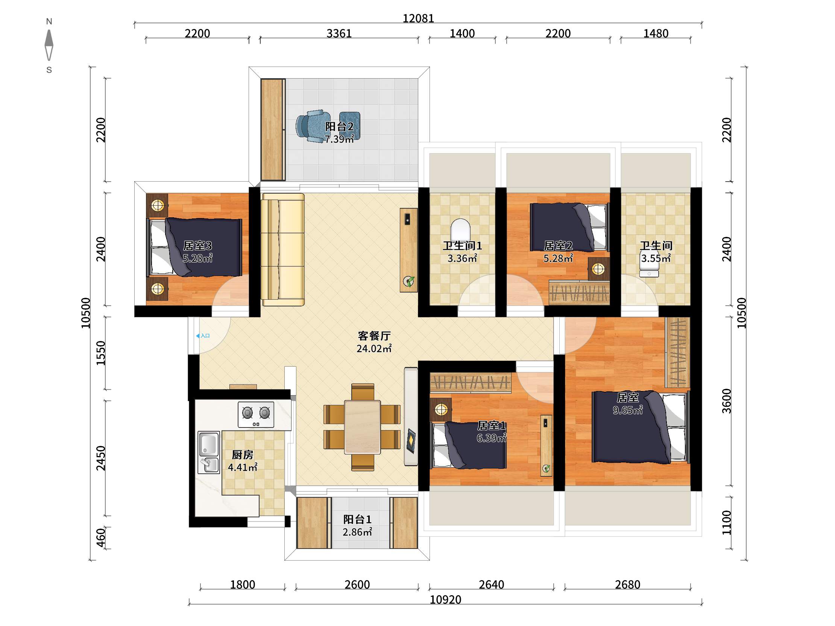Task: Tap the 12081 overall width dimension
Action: pos(418,18)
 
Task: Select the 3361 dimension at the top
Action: pos(339,33)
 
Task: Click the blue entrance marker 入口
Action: pos(203,335)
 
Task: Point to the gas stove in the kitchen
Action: pos(256,414)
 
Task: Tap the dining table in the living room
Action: pos(362,427)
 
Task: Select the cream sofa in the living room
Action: pos(284,249)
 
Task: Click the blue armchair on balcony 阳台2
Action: pos(310,126)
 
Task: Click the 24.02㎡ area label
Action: pos(374,348)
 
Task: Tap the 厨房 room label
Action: pos(242,455)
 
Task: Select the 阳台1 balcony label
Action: pos(357,519)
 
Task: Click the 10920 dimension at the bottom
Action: pos(445,600)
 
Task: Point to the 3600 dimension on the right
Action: pos(726,401)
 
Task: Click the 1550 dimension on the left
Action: pos(100,353)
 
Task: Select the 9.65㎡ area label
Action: pos(627,410)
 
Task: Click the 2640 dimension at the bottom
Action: pos(492,585)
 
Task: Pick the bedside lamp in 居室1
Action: pos(440,409)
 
